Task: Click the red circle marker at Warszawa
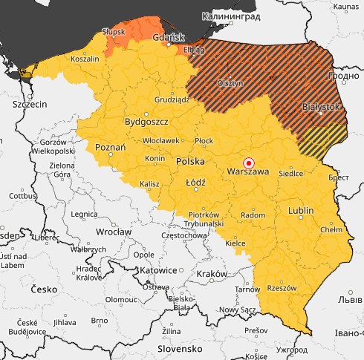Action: [249, 163]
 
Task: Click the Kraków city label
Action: [212, 274]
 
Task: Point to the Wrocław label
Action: [114, 232]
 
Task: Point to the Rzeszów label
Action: [282, 288]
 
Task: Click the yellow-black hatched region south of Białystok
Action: [324, 137]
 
